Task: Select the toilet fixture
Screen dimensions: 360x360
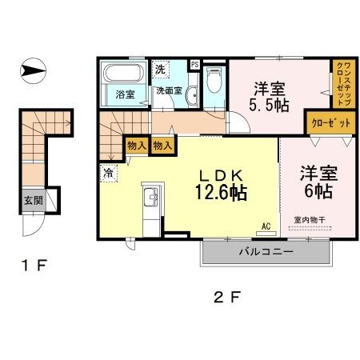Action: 214,81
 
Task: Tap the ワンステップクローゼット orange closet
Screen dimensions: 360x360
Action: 341,83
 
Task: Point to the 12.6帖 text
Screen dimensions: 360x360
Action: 218,192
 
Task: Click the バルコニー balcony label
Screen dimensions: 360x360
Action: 265,252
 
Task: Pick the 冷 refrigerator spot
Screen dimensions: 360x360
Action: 106,170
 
